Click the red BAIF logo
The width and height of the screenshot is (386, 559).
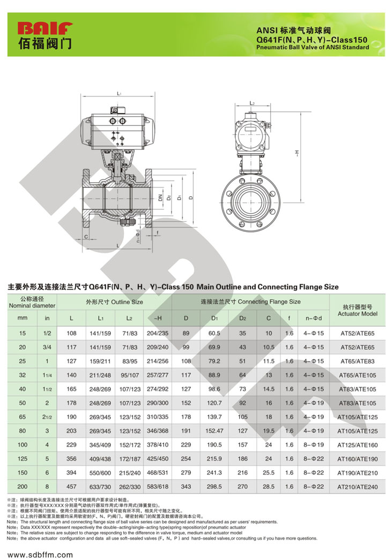[x=46, y=28]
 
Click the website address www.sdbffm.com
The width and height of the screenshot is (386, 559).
[x=40, y=554]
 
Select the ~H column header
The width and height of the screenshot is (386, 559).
[x=158, y=318]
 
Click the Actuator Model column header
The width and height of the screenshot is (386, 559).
[x=358, y=310]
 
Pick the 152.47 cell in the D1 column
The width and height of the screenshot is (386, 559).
[x=214, y=430]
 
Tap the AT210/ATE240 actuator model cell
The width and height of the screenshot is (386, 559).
[x=358, y=487]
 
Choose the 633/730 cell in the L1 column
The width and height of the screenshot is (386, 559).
[x=100, y=487]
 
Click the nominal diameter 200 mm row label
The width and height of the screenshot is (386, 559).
[x=23, y=486]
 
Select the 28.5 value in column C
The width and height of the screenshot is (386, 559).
[x=269, y=486]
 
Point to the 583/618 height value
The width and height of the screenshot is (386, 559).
[x=158, y=486]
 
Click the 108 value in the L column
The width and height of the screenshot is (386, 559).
[x=71, y=333]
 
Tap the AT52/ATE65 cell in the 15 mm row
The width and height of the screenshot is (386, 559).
[x=358, y=334]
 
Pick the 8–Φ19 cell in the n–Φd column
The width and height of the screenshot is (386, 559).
[x=314, y=444]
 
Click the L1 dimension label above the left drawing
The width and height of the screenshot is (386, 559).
[x=119, y=93]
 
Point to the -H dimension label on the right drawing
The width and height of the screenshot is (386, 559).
[x=296, y=153]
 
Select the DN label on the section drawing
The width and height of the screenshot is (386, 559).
[x=160, y=197]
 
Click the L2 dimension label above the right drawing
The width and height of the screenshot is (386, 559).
[x=252, y=103]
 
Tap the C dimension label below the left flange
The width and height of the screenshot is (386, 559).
[x=86, y=237]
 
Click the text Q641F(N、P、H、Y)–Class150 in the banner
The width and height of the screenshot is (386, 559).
[x=311, y=40]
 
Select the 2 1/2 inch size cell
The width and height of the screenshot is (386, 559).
[x=47, y=417]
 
